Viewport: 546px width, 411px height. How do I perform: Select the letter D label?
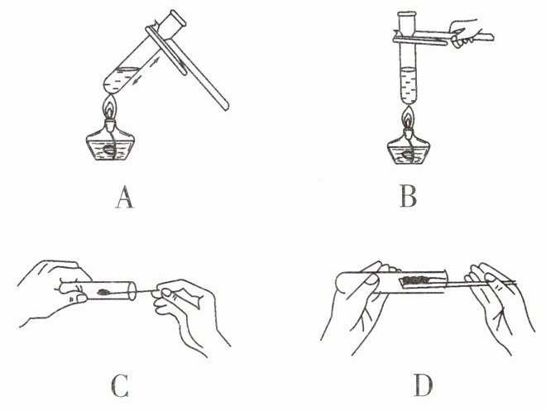pos(424,386)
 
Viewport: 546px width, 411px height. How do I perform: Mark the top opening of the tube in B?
pos(407,13)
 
